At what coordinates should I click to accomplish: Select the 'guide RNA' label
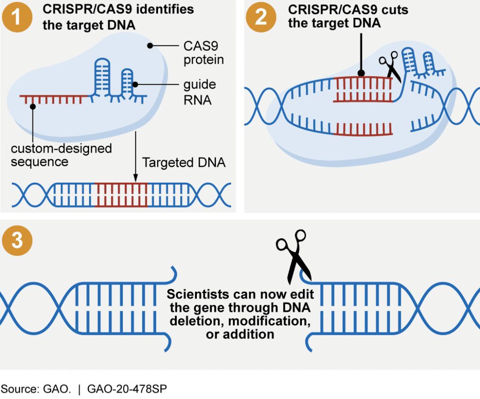pyautogui.click(x=200, y=92)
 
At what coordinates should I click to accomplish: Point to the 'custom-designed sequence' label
pyautogui.click(x=61, y=155)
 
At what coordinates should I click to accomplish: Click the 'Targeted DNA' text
pyautogui.click(x=184, y=163)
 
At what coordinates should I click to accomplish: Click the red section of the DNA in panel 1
pyautogui.click(x=121, y=195)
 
